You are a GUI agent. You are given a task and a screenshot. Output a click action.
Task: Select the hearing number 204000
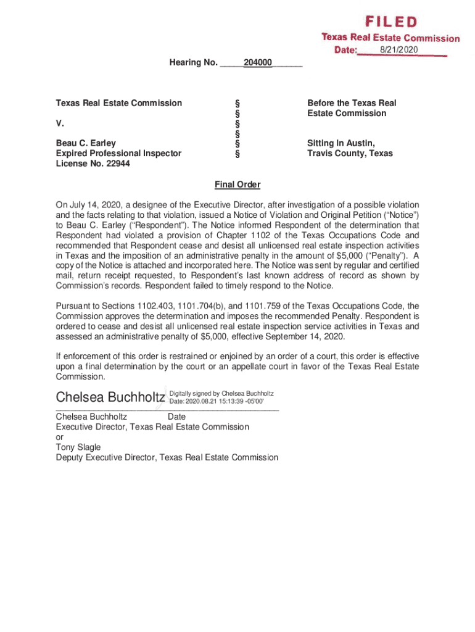[x=258, y=63]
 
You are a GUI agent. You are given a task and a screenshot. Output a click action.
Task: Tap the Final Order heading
[x=238, y=185]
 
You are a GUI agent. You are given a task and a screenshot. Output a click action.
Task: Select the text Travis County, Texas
[x=350, y=153]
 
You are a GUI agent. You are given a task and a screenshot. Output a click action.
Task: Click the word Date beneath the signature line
[x=176, y=417]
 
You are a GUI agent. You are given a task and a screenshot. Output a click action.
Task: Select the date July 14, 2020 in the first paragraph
[x=90, y=204]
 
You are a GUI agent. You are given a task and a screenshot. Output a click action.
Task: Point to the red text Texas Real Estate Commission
[x=390, y=38]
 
